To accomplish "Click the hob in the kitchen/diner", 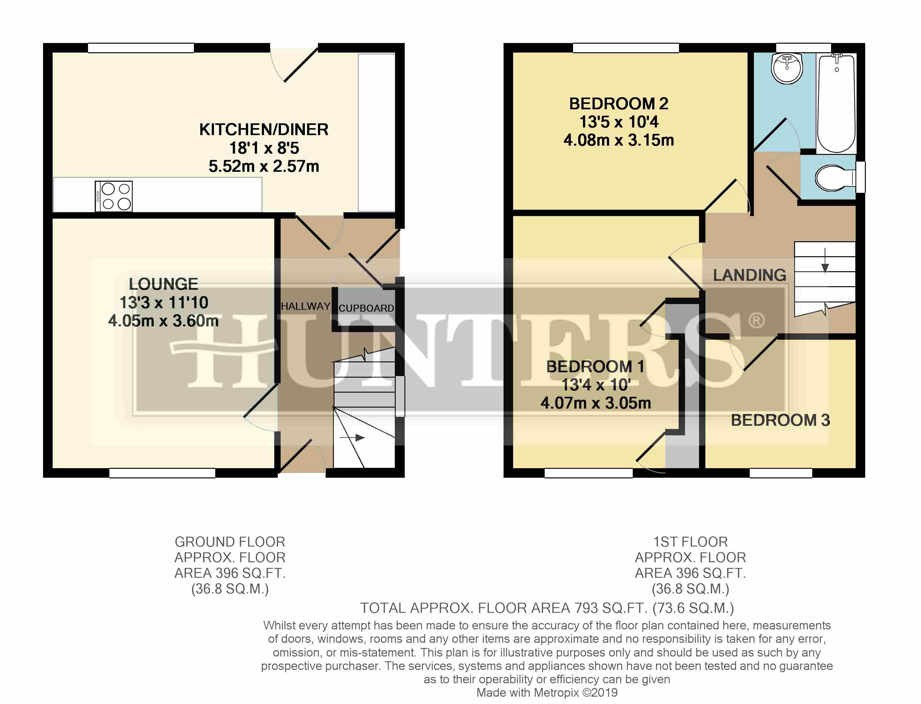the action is tap(114, 196).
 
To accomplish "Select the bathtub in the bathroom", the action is tap(836, 103).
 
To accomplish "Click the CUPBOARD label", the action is tap(366, 308).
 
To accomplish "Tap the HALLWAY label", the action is tap(306, 306).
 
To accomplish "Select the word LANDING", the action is tap(749, 275).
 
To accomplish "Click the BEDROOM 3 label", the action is tap(780, 420).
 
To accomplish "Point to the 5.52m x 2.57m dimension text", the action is tap(264, 166).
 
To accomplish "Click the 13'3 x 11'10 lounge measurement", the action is tap(164, 302).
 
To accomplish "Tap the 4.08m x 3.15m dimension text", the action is tap(618, 140).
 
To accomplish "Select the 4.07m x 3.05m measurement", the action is tap(596, 403).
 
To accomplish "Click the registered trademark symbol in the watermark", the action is tap(756, 321).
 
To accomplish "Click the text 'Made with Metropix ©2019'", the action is tap(547, 693).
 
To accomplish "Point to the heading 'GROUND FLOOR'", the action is tap(230, 542).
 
